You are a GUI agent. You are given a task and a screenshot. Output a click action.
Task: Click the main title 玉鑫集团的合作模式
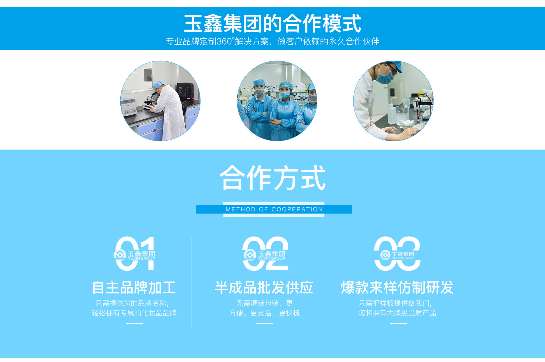click(x=272, y=24)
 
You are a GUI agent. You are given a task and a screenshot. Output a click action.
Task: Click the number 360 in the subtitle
click(x=224, y=42)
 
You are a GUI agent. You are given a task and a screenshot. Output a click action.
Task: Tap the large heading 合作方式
click(x=272, y=178)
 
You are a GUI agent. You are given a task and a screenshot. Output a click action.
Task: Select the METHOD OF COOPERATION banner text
click(x=274, y=209)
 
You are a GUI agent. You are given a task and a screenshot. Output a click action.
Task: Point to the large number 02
click(x=265, y=253)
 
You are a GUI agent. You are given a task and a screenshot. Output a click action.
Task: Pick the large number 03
click(x=397, y=253)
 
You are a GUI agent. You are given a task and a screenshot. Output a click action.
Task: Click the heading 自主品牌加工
click(x=134, y=287)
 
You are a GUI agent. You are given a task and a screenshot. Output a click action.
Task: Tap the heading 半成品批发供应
click(x=264, y=287)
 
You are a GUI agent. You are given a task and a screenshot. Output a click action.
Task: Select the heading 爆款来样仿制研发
click(x=397, y=287)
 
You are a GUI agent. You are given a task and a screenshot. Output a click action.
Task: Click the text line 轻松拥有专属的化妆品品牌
click(x=134, y=313)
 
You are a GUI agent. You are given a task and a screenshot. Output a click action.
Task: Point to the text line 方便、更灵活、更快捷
click(x=265, y=313)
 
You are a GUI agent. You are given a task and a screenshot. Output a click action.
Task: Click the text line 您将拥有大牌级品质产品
click(x=397, y=313)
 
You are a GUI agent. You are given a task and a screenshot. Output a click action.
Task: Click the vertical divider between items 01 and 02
click(x=192, y=283)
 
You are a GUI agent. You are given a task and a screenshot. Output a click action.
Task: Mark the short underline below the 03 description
click(x=399, y=324)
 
